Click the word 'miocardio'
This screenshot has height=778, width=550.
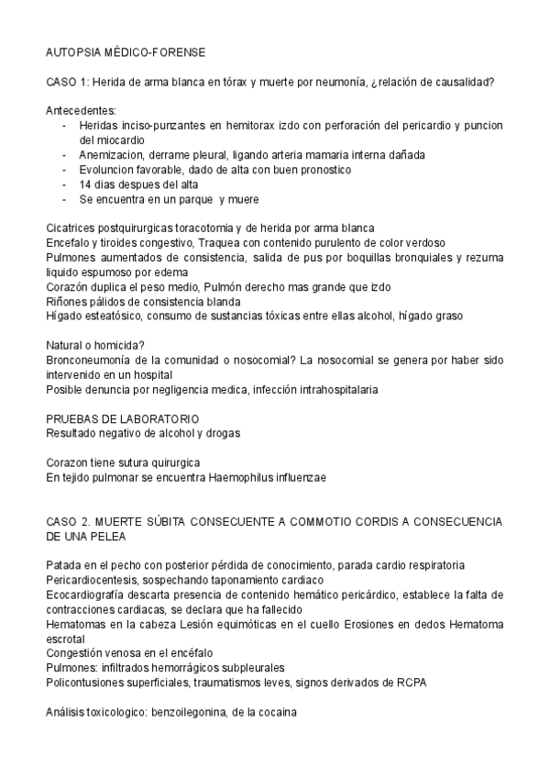tap(105, 140)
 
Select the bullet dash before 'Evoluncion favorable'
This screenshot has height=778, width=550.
tap(64, 169)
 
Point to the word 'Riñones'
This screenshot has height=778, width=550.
tap(67, 301)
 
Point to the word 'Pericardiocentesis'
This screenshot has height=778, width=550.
tap(93, 579)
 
